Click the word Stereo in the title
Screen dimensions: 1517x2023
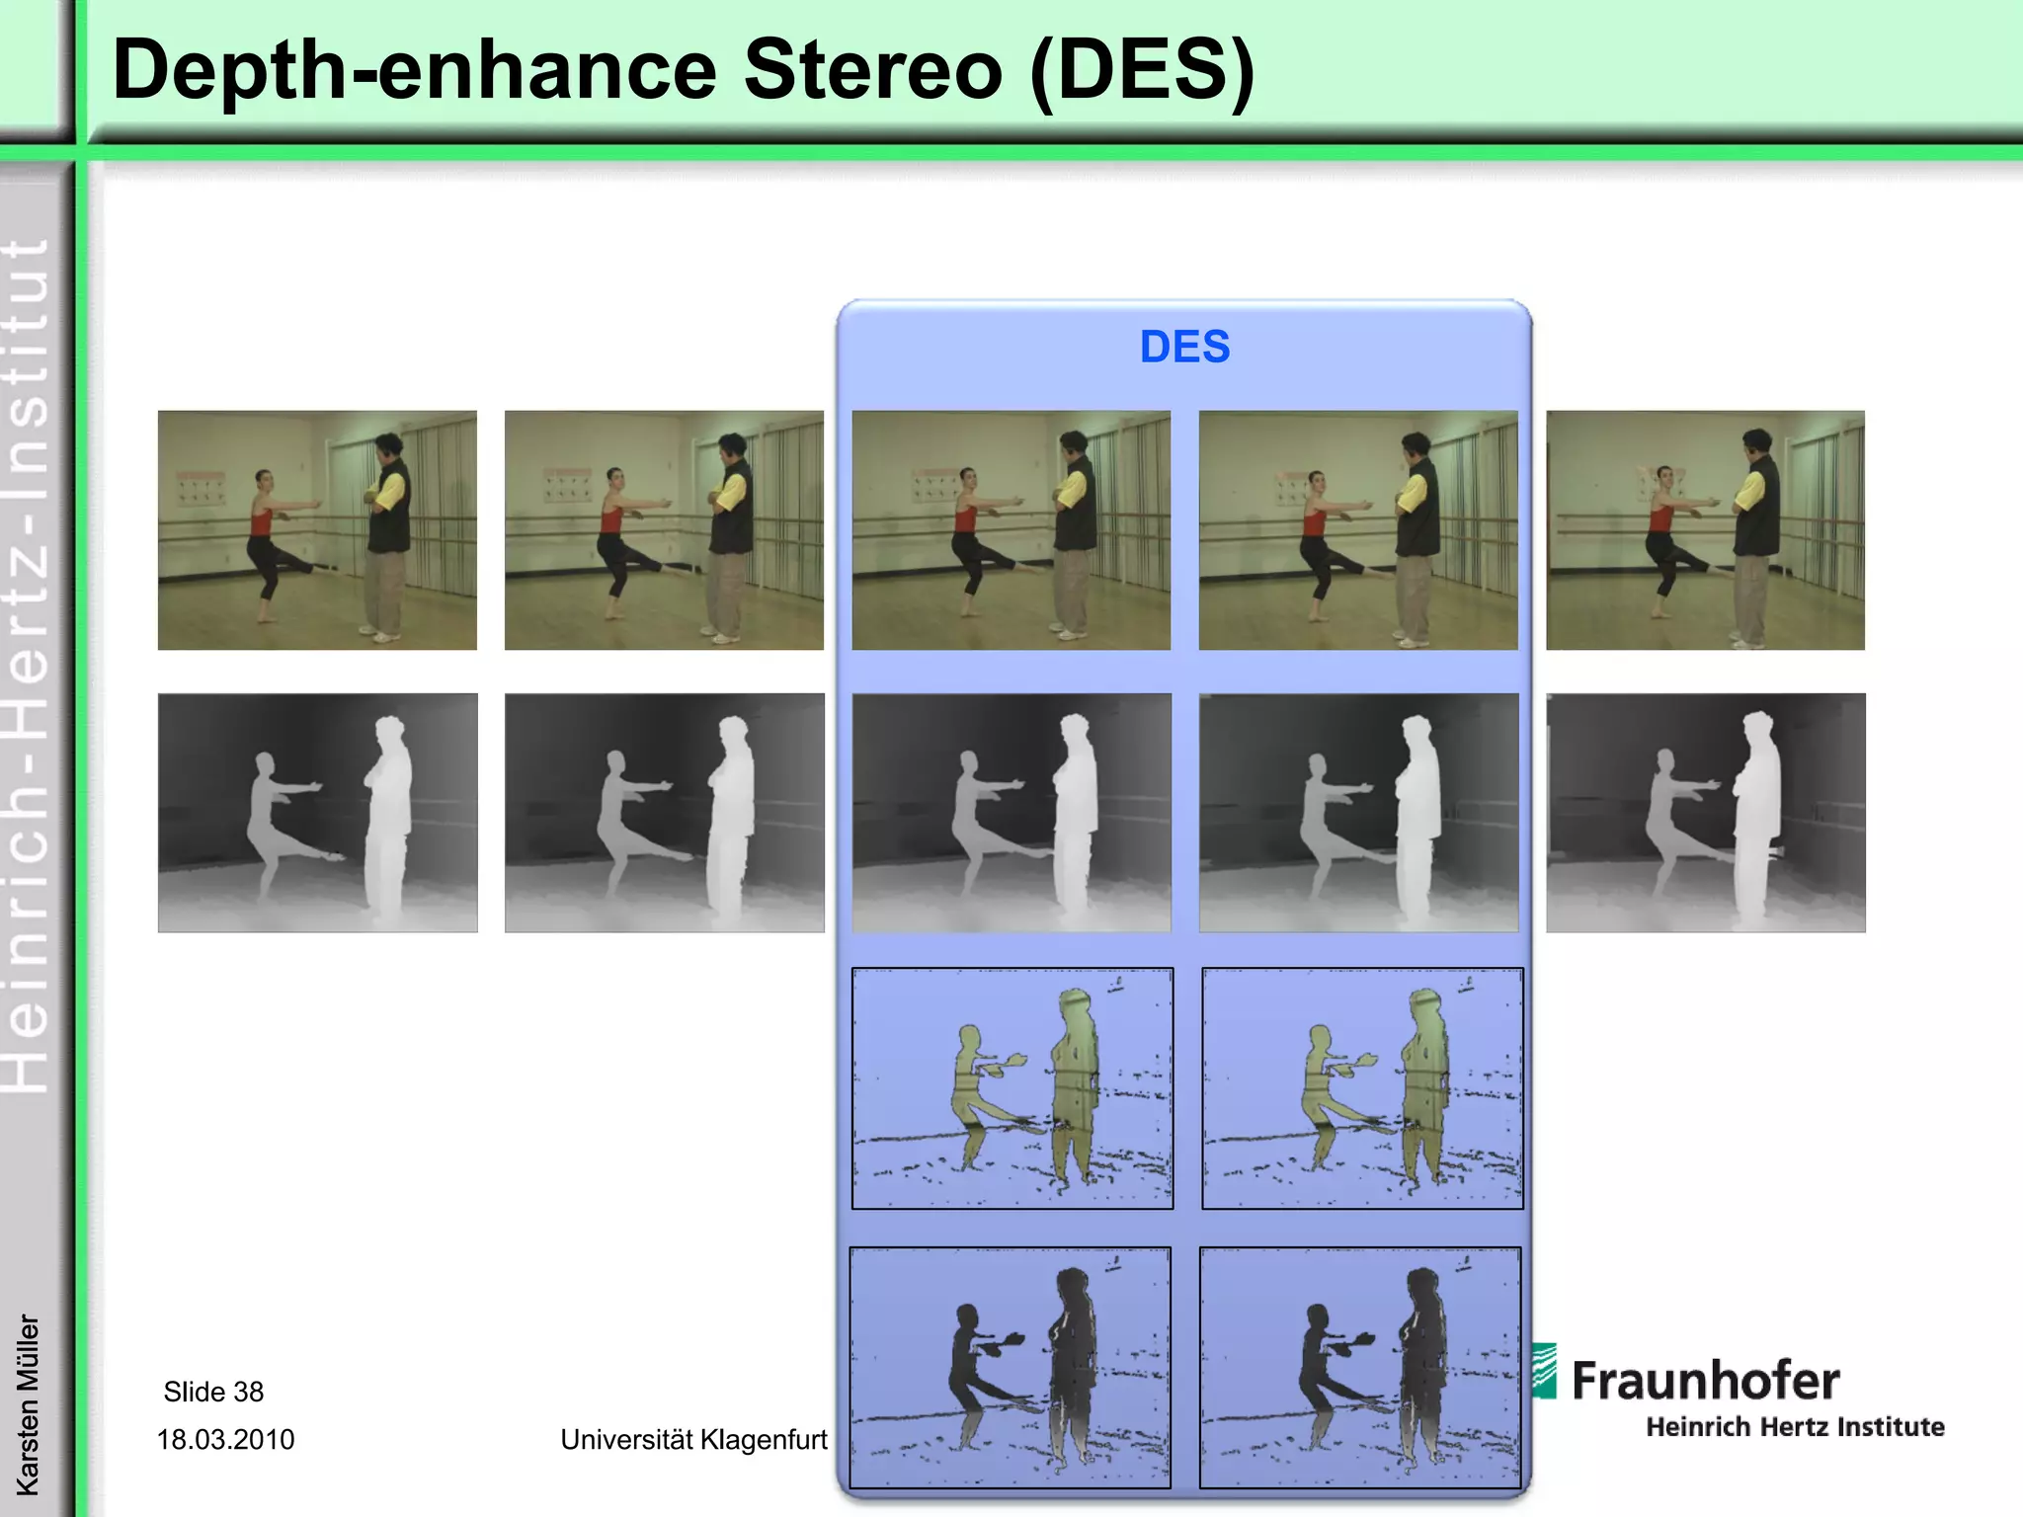(873, 71)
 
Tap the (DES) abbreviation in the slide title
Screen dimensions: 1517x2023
(1142, 71)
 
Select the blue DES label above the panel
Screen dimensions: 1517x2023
(1184, 347)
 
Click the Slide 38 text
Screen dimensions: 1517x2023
(213, 1392)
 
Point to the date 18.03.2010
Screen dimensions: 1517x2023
(225, 1439)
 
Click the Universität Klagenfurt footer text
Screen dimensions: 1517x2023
(693, 1439)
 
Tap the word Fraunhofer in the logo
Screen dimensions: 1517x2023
(1705, 1381)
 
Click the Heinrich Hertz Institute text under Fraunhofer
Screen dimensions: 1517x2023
(1794, 1427)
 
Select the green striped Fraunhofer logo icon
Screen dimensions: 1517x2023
(1544, 1371)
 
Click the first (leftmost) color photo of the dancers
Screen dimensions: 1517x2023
(317, 530)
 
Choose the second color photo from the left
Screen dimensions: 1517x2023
(664, 530)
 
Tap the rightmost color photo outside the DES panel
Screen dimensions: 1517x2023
(1705, 530)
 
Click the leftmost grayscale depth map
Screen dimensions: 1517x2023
(317, 813)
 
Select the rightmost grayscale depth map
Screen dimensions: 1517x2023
(1705, 813)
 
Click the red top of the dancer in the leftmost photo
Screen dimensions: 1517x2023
(261, 521)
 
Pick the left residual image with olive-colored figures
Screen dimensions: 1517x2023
(1012, 1088)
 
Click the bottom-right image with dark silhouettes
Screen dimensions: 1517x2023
(1360, 1368)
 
